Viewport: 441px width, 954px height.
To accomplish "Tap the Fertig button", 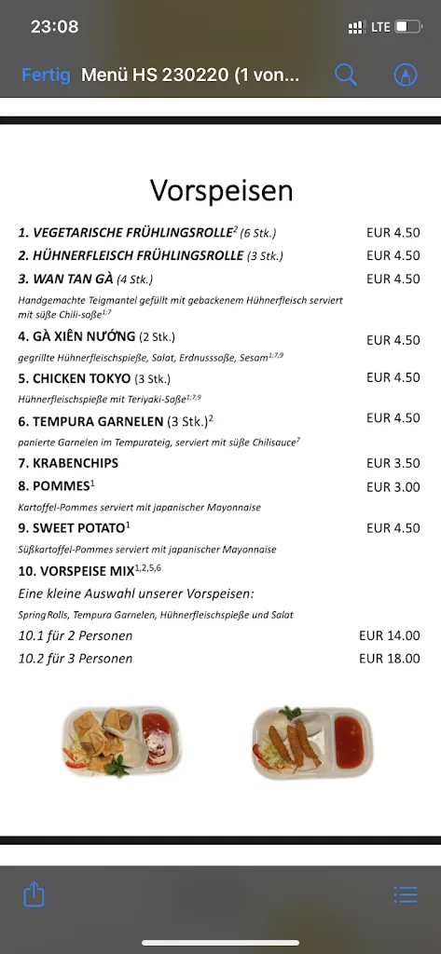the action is pos(46,75).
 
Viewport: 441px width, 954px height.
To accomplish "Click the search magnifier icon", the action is pos(346,75).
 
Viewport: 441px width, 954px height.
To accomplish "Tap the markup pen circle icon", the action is pos(405,75).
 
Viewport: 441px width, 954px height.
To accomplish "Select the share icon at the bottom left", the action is pos(34,894).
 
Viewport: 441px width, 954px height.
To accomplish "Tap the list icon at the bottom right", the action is pos(406,894).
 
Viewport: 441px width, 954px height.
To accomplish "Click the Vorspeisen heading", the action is pos(222,190).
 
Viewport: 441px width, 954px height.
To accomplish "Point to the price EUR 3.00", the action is pos(393,487).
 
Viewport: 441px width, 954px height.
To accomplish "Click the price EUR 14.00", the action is pos(389,636).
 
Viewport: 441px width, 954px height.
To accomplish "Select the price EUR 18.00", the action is pos(389,659).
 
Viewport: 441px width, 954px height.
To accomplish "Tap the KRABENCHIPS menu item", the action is pos(62,463).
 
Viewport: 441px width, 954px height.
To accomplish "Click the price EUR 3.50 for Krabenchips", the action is pos(393,463).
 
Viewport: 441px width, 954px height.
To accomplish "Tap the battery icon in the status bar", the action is pos(407,27).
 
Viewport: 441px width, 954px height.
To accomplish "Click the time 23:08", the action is pos(54,27).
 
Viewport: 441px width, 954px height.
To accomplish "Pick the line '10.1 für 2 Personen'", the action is pos(76,636).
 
